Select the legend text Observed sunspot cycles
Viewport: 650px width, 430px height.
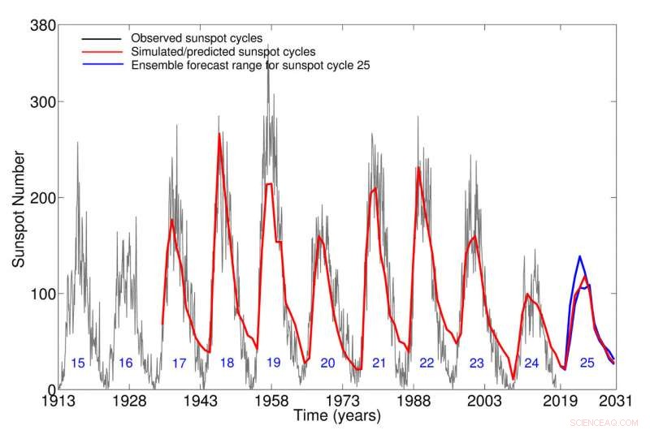point(195,38)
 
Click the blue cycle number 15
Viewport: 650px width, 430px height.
point(78,363)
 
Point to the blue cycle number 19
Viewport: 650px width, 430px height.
point(274,363)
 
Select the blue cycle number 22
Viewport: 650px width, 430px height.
point(427,363)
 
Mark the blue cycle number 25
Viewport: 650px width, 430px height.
point(587,363)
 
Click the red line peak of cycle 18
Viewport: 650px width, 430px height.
point(219,135)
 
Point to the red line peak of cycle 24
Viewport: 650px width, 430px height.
point(527,295)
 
